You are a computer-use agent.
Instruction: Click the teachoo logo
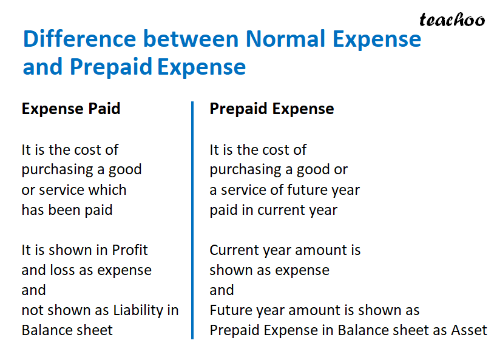point(452,19)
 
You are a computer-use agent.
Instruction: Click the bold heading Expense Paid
point(71,109)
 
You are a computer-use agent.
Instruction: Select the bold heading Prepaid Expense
point(271,109)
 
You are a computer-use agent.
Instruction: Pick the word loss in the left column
point(63,270)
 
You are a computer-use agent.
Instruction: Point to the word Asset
point(469,330)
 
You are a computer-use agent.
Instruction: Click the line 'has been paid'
point(67,210)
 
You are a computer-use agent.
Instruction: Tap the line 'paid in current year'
point(273,210)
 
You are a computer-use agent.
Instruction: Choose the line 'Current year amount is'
point(285,250)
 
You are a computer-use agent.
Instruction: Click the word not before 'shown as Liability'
point(32,310)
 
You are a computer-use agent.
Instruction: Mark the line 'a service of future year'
point(285,190)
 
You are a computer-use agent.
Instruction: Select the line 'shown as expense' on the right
point(269,270)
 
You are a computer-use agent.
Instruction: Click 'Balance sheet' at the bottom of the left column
point(67,330)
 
